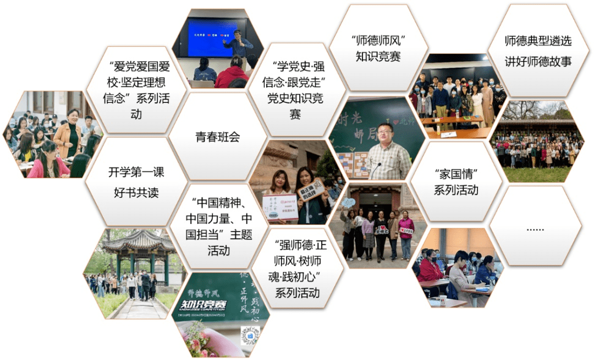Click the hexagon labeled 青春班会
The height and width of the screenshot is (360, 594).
coord(218,137)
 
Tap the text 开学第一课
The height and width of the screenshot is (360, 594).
coord(136,172)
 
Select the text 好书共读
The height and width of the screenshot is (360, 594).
coord(136,193)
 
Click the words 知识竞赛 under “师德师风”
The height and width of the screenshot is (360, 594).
coord(378,56)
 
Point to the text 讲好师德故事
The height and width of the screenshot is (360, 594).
coord(538,61)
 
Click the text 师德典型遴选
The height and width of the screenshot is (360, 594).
coord(538,41)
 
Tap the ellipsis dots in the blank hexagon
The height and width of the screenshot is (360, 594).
coord(535,228)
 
